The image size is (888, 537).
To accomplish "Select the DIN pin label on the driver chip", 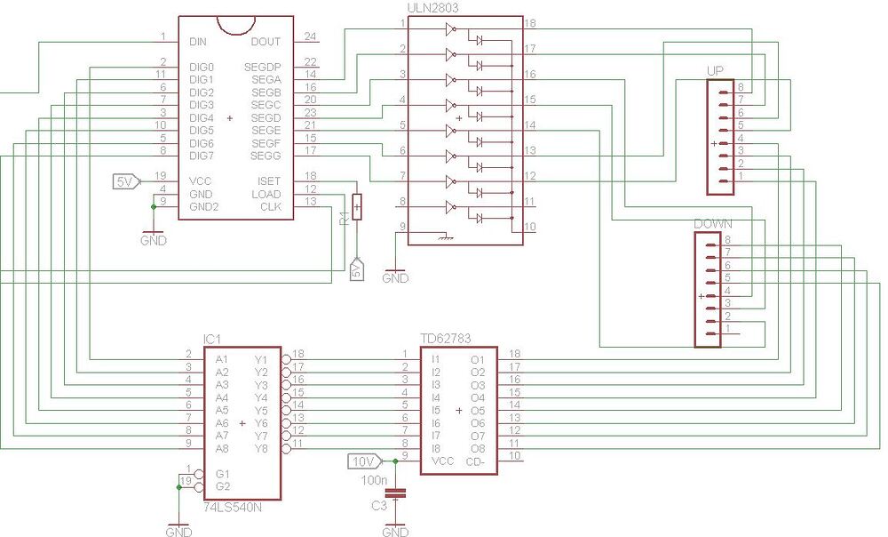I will click(198, 42).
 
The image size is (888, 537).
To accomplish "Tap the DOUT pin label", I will click(265, 42).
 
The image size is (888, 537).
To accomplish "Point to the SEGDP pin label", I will click(262, 67).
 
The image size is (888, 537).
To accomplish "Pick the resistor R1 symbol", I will click(357, 207).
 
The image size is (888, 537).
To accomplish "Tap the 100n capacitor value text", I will click(372, 480).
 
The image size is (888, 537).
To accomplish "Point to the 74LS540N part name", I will click(233, 507).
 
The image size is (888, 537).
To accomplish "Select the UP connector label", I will click(716, 70).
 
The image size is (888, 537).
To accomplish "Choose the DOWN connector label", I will click(712, 224).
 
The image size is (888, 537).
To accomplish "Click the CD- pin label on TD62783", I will click(475, 461).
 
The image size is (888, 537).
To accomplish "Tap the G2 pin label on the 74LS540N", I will click(222, 486).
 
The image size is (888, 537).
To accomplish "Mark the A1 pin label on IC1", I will click(222, 359).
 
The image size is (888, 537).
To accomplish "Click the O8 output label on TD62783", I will click(478, 449).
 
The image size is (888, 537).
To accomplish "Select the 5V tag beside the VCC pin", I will click(124, 181).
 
